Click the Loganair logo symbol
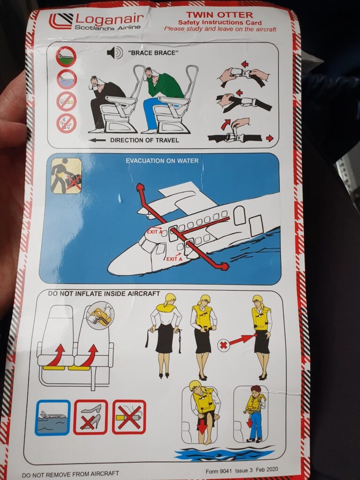click(x=60, y=21)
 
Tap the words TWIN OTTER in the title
click(x=219, y=15)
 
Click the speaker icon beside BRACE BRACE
click(x=115, y=52)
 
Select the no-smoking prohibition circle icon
click(x=66, y=102)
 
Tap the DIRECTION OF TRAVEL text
click(x=144, y=140)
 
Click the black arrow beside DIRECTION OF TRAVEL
click(x=98, y=140)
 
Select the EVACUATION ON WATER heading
click(x=162, y=161)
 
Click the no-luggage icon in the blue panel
click(x=66, y=176)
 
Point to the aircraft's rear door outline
click(x=256, y=225)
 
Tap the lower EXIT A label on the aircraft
click(x=174, y=259)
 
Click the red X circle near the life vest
click(x=224, y=345)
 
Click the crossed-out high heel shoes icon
click(x=90, y=417)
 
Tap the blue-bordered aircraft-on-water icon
click(x=52, y=417)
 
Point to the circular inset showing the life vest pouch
click(x=100, y=315)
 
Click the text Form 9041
click(x=218, y=471)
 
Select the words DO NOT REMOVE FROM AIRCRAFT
click(x=70, y=474)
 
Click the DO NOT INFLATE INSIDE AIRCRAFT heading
click(x=104, y=293)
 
